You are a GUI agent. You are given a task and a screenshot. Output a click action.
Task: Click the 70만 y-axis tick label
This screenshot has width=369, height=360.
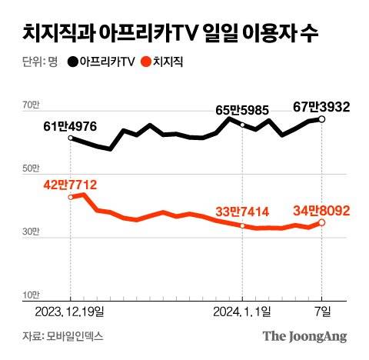[x=30, y=105]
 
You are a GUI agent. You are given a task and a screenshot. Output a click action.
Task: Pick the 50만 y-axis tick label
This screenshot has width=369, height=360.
[x=30, y=168]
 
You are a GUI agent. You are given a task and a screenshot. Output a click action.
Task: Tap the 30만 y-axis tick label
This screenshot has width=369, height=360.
[x=30, y=232]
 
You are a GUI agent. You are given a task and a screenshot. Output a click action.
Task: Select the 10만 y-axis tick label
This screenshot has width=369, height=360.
[x=30, y=295]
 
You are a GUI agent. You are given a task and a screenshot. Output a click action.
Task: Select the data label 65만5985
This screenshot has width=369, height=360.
[x=241, y=111]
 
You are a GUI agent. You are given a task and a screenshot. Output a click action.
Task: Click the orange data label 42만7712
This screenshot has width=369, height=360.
[x=70, y=184]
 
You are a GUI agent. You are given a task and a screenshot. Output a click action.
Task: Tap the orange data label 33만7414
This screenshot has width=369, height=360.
[x=241, y=212]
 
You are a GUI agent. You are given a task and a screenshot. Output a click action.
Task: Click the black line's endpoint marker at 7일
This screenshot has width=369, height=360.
[x=322, y=119]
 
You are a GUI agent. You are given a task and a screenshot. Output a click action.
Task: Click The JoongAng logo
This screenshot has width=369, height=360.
[x=304, y=336]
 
